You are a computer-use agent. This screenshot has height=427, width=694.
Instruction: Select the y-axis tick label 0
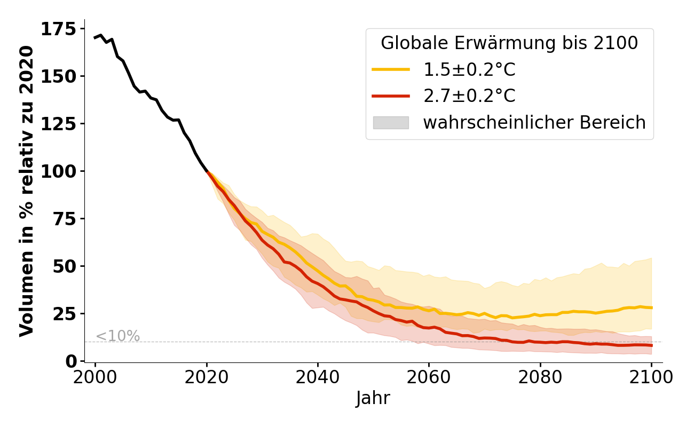point(71,361)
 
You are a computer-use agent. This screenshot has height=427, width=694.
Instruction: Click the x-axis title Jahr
point(373,399)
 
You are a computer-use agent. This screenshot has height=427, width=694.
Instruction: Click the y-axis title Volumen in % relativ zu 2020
point(27,191)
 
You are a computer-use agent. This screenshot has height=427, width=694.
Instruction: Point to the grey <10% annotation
point(117,336)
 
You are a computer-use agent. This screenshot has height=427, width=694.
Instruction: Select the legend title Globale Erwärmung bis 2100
point(509,43)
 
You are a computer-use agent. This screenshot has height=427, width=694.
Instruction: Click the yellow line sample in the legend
point(391,69)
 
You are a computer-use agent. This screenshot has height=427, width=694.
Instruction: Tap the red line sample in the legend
point(391,96)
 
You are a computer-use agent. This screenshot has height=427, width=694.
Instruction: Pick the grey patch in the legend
point(391,123)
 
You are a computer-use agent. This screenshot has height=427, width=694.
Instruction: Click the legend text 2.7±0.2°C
point(469,96)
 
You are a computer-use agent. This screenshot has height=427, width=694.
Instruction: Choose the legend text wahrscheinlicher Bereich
point(534,123)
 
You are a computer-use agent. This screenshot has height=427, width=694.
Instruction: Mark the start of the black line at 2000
point(95,38)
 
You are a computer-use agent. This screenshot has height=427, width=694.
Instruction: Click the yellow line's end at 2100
point(651,307)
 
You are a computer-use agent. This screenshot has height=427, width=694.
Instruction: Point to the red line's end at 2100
point(651,345)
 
